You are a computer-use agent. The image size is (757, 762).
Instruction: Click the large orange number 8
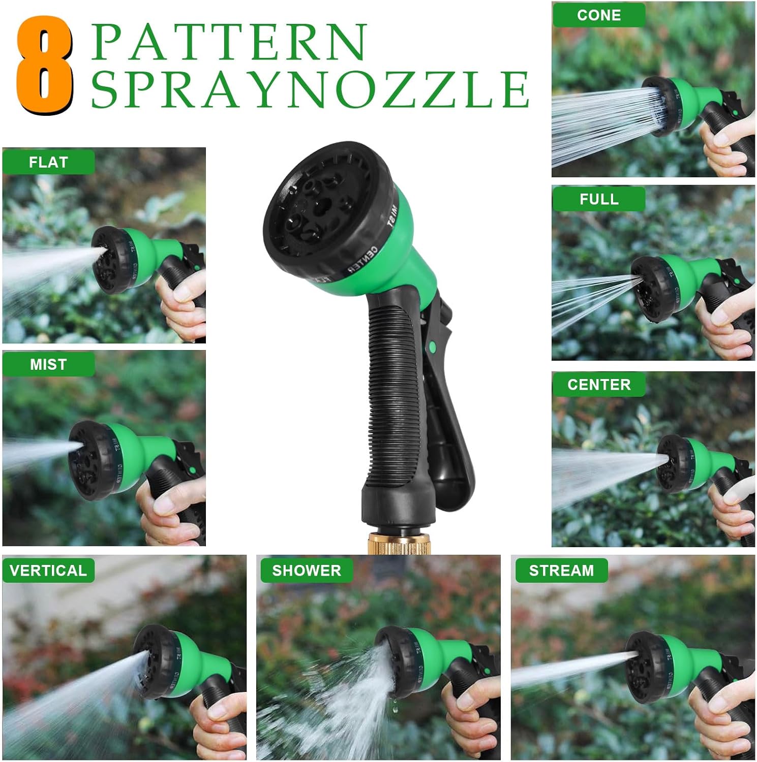coord(45,65)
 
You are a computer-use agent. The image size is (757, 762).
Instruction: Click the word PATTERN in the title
coord(229,42)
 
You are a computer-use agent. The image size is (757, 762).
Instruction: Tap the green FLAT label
coord(48,163)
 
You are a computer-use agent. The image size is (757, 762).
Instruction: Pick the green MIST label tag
coord(48,364)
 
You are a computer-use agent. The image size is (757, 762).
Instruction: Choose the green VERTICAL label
coord(48,570)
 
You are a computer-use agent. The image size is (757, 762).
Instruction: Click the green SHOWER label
coord(307,570)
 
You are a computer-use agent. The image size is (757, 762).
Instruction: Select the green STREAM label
coord(561,570)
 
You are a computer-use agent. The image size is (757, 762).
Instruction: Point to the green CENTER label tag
coord(599,385)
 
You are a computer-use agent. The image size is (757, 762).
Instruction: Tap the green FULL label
coord(599,199)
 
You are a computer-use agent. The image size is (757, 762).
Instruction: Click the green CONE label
coord(599,15)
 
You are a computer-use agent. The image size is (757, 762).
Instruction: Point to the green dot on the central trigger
coord(432,346)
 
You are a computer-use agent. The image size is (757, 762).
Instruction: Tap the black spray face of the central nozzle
coord(320,208)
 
